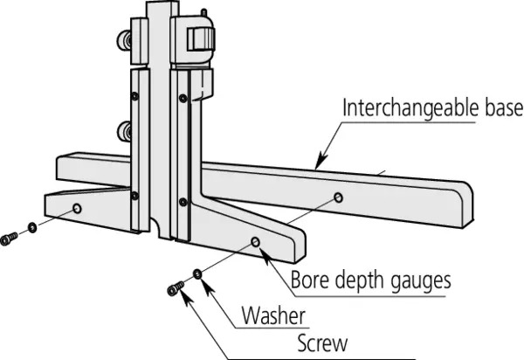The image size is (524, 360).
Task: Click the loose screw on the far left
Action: [x=10, y=238]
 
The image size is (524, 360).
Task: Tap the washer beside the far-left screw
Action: [x=31, y=230]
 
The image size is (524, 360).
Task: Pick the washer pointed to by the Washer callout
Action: [x=198, y=275]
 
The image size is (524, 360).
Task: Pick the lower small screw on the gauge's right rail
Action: [x=183, y=202]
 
